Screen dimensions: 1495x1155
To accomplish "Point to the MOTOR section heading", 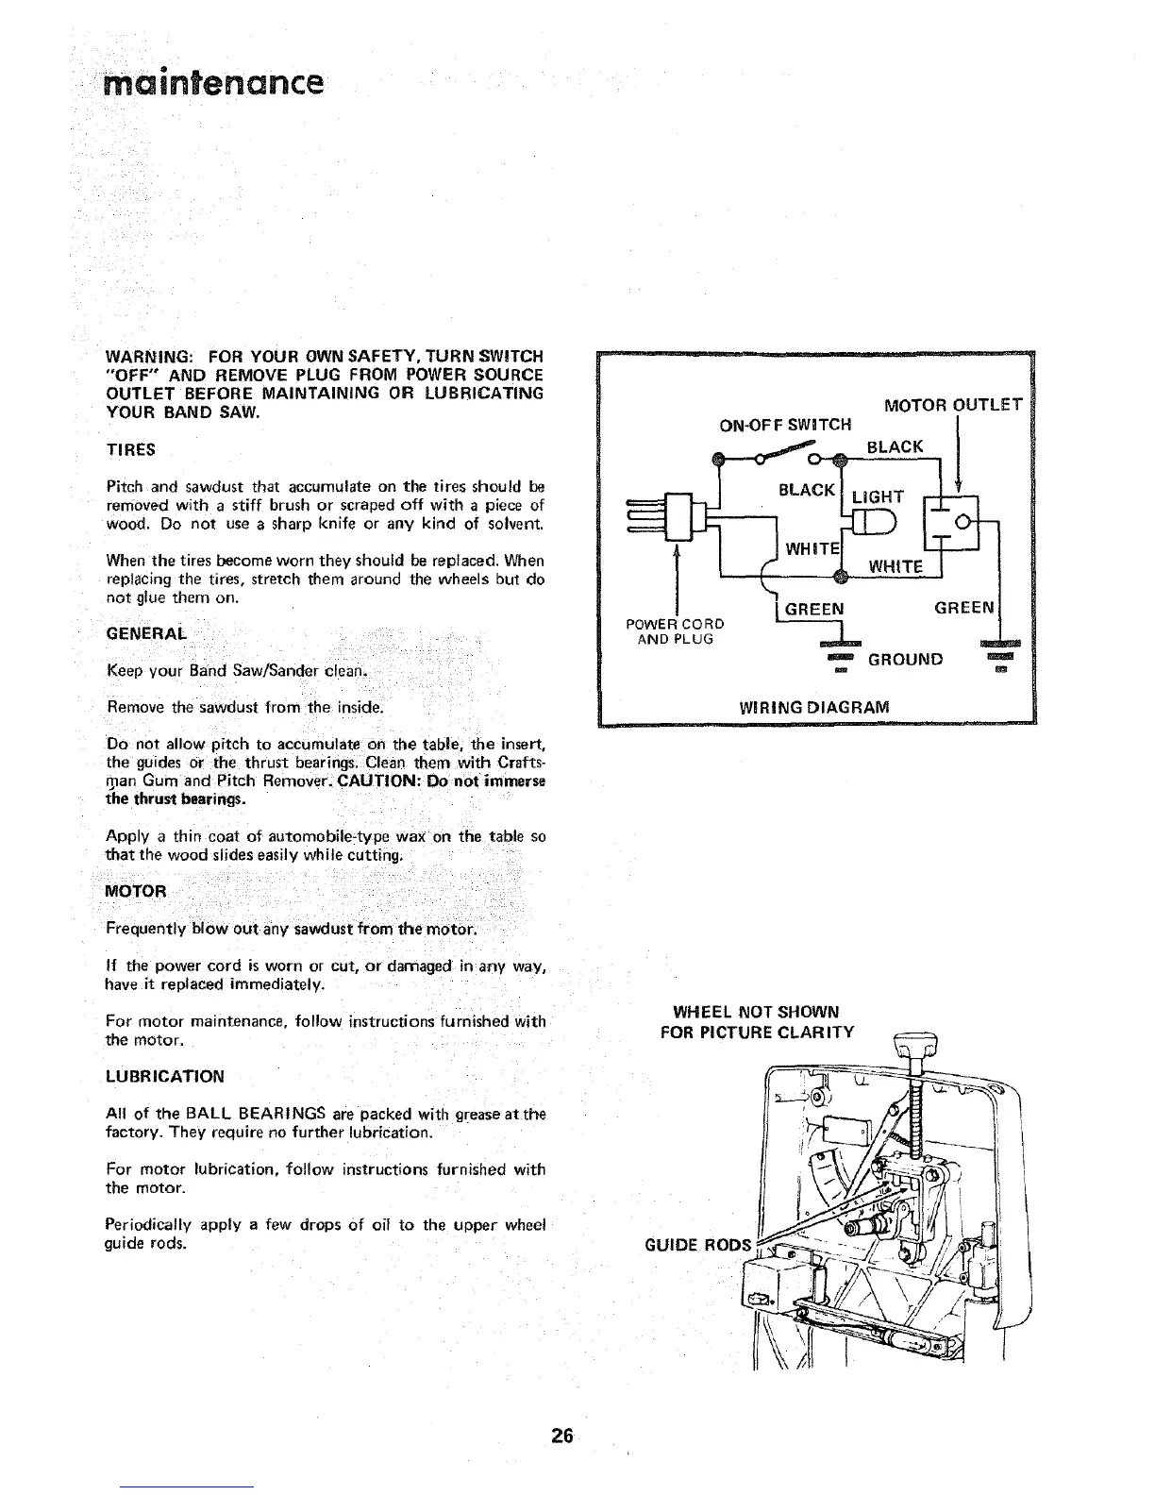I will click(x=136, y=891).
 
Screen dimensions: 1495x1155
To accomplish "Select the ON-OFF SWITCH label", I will click(x=786, y=424).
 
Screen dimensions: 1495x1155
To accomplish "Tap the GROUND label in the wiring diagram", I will click(x=907, y=658).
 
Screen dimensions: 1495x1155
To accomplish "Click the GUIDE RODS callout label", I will click(x=697, y=1245).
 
